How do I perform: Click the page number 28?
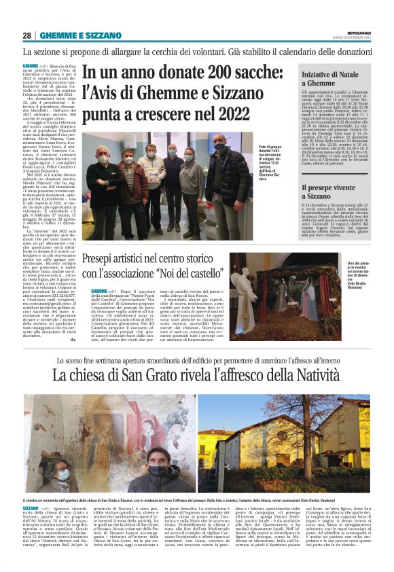27,35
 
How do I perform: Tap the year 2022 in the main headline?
226,113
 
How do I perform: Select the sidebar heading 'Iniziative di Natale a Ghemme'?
329,77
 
